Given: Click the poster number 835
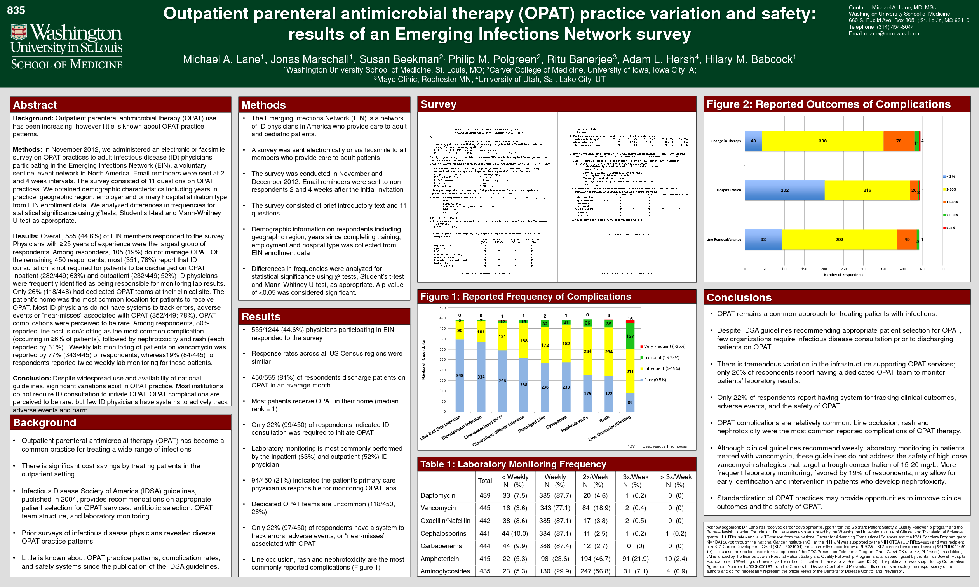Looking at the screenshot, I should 16,10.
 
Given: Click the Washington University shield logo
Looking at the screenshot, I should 19,32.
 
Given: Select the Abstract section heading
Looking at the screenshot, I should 35,105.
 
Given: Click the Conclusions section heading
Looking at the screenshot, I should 739,297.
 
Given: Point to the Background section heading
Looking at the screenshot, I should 44,422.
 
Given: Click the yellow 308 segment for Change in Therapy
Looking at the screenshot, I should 822,141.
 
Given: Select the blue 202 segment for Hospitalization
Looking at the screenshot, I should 784,190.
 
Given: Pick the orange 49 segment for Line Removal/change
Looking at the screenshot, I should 907,240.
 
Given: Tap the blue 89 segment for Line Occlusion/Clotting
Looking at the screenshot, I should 630,403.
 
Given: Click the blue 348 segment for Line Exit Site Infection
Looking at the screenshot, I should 460,375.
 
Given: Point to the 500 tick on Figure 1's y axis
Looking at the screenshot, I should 442,308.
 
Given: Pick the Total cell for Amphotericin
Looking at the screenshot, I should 485,559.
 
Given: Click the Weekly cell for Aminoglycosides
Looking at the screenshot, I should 555,571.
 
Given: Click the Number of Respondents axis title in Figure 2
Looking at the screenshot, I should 843,275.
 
